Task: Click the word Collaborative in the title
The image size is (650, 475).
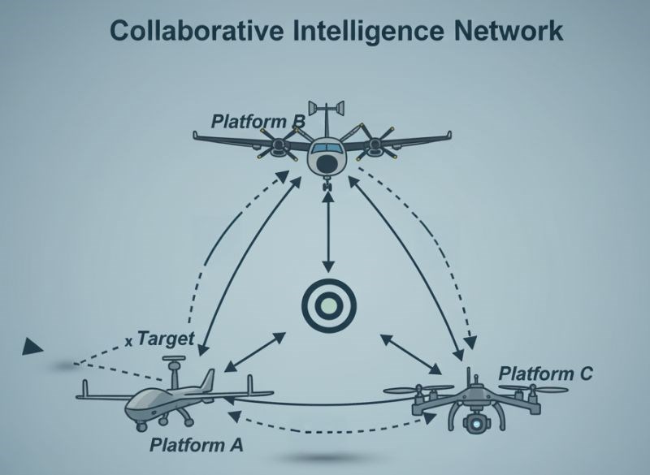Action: (197, 31)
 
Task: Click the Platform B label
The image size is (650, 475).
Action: (258, 121)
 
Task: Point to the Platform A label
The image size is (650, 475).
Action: (196, 445)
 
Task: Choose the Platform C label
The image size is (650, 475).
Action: (545, 374)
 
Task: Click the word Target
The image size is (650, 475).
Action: (166, 339)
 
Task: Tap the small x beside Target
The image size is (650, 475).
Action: (129, 342)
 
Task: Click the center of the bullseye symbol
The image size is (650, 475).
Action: (329, 306)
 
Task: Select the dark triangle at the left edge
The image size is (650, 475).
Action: (32, 346)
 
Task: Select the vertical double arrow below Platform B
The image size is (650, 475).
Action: (329, 232)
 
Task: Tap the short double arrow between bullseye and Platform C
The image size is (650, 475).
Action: (410, 354)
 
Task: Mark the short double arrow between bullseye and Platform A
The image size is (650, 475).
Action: (254, 352)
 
